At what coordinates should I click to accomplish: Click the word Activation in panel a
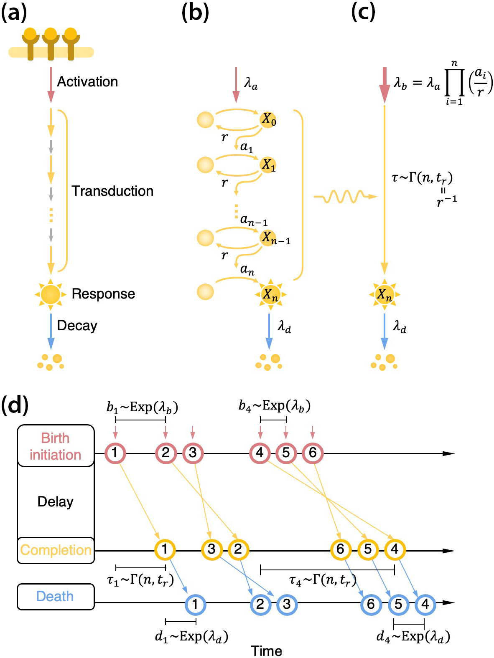point(87,82)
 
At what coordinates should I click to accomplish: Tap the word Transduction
point(112,191)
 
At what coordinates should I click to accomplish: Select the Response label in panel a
point(103,294)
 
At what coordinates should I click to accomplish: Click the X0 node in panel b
point(268,120)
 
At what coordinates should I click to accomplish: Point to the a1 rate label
point(247,147)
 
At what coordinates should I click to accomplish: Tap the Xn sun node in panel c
point(384,295)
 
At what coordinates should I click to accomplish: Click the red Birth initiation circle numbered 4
point(260,453)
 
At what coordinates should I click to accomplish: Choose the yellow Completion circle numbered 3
point(211,549)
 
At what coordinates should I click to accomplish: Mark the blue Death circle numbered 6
point(371,604)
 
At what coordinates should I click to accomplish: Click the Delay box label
point(55,501)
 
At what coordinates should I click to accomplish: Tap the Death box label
point(55,597)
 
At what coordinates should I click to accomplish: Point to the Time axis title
point(266,650)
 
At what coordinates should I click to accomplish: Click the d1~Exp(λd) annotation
point(191,636)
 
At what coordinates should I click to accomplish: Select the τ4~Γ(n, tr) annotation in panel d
point(323,580)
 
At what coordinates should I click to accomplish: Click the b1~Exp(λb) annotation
point(142,407)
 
